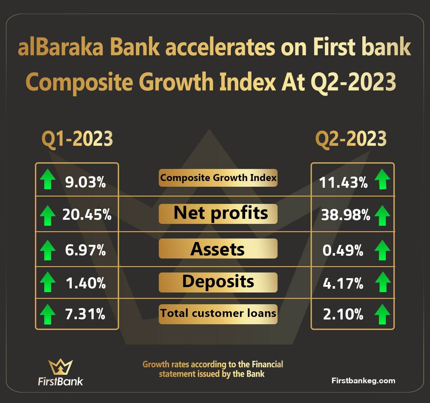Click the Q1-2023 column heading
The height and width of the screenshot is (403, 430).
click(x=77, y=139)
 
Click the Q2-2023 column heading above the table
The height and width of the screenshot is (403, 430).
click(x=351, y=139)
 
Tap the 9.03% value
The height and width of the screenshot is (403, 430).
click(x=85, y=182)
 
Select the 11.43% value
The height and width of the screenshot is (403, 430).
click(x=343, y=182)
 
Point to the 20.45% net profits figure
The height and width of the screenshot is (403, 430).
click(x=87, y=215)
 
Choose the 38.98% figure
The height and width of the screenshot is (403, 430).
click(x=346, y=215)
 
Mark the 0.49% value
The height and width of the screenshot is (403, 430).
click(x=343, y=250)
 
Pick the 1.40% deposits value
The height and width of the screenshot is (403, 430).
click(x=86, y=283)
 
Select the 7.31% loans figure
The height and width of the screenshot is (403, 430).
click(x=85, y=314)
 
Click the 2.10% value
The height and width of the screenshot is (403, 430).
click(x=343, y=314)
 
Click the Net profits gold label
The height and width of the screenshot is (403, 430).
click(x=218, y=214)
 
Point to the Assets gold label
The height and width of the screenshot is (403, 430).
click(x=218, y=248)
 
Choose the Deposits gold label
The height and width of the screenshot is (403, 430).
click(x=218, y=282)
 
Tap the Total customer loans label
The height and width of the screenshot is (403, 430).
click(x=218, y=314)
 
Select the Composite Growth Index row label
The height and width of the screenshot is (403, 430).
click(x=218, y=178)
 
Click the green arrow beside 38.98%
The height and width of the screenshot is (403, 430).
click(x=382, y=215)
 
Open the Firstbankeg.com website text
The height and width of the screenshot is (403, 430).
click(x=363, y=381)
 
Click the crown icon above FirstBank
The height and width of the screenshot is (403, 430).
click(x=60, y=367)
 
